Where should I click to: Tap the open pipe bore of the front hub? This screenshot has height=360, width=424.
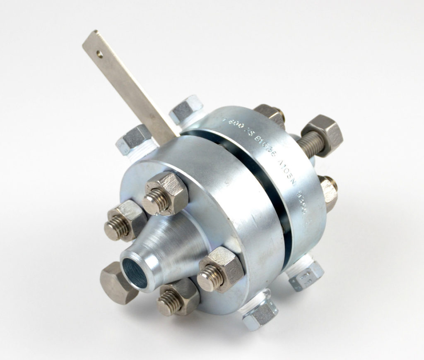pyautogui.click(x=135, y=271)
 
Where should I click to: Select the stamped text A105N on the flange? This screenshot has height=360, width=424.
pyautogui.click(x=282, y=169)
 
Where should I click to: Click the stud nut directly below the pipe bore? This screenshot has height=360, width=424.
pyautogui.click(x=177, y=296)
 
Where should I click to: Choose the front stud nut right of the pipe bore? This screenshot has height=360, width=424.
pyautogui.click(x=220, y=270)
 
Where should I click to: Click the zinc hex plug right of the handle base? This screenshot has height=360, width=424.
pyautogui.click(x=185, y=109)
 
